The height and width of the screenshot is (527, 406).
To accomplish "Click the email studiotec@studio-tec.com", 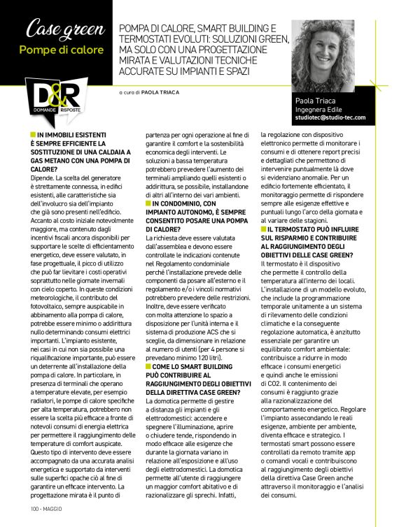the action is (x=330, y=118).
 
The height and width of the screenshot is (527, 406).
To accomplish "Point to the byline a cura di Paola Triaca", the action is (x=149, y=92).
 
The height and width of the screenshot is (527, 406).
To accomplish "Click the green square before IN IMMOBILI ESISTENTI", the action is (x=33, y=133).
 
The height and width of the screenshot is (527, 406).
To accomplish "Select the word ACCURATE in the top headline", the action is (x=146, y=71).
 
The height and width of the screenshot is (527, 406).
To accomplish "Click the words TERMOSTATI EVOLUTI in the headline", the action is (x=166, y=38).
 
